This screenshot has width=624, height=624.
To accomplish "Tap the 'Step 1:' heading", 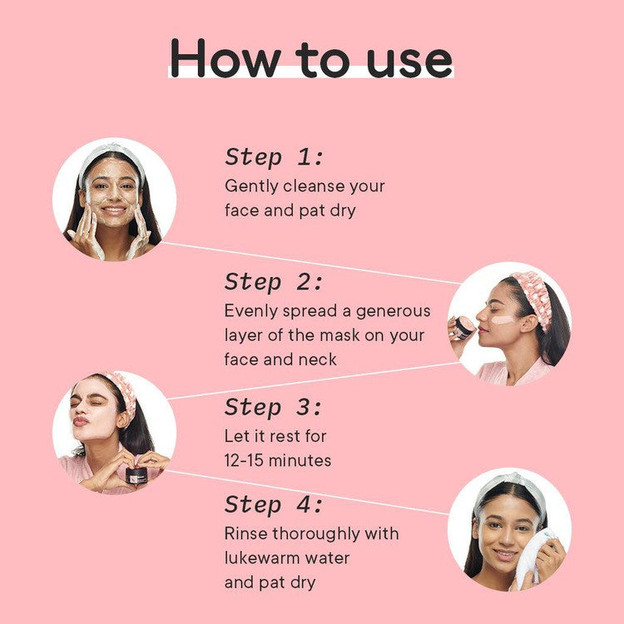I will point(274,156).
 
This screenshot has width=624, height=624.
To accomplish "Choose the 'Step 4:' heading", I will point(274,504).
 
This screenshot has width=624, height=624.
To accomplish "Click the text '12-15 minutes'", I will point(278,460).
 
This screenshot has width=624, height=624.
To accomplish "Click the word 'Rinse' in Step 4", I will point(245,532).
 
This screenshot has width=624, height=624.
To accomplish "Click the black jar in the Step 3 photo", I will point(136,475).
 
